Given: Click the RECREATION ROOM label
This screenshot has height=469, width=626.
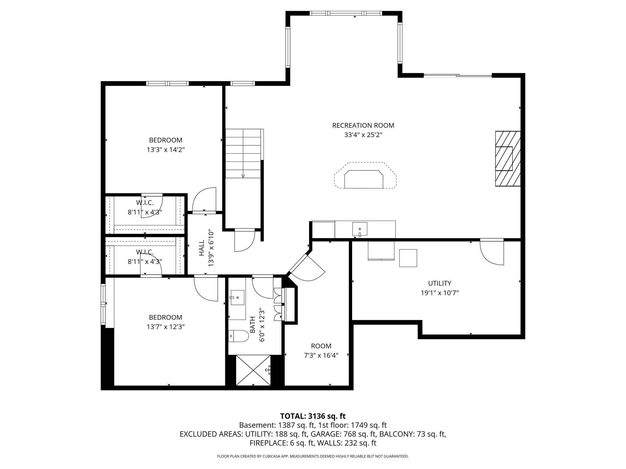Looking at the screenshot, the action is pyautogui.click(x=363, y=125).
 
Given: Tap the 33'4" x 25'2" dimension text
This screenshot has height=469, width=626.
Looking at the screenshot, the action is pyautogui.click(x=363, y=135).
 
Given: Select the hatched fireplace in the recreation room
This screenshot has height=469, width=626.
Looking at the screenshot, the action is pyautogui.click(x=508, y=158).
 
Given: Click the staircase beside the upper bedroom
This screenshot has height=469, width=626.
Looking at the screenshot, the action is pyautogui.click(x=243, y=153).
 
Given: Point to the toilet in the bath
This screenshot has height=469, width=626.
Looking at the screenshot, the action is pyautogui.click(x=238, y=336).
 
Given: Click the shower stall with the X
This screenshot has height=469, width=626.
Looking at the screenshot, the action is pyautogui.click(x=253, y=370).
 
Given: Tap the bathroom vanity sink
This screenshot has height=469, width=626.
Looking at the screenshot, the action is pyautogui.click(x=237, y=297).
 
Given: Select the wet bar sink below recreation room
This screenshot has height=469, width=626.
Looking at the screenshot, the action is pyautogui.click(x=360, y=229).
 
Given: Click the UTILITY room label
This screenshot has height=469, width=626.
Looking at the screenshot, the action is pyautogui.click(x=440, y=283).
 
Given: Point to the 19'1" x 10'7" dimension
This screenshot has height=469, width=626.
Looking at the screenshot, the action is pyautogui.click(x=440, y=293).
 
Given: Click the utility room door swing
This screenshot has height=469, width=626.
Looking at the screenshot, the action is pyautogui.click(x=492, y=253).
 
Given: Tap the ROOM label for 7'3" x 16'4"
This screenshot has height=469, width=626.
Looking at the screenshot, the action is pyautogui.click(x=321, y=346).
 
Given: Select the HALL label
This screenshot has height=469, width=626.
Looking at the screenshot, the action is pyautogui.click(x=201, y=248).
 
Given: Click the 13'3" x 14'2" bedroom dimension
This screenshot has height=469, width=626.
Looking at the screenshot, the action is pyautogui.click(x=166, y=150).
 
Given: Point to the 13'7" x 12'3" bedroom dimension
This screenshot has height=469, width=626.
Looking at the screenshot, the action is pyautogui.click(x=166, y=327).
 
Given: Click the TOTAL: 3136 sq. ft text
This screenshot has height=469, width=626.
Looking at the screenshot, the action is pyautogui.click(x=313, y=416).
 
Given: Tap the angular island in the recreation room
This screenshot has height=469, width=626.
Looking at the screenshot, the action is pyautogui.click(x=365, y=176).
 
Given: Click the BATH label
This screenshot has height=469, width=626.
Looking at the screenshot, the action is pyautogui.click(x=253, y=325).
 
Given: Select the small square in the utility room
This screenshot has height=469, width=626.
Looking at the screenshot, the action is pyautogui.click(x=408, y=258).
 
